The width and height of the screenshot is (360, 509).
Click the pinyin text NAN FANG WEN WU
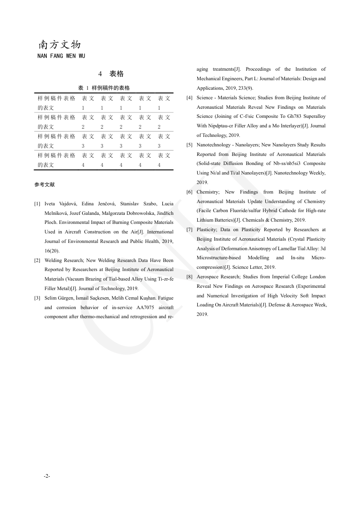(61, 56)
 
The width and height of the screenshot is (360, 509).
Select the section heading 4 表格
(111, 74)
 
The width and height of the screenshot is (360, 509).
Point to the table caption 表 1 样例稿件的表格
(104, 88)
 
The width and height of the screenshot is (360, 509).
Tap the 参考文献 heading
(44, 184)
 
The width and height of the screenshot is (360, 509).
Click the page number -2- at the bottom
(47, 476)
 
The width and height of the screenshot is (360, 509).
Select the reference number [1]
(37, 204)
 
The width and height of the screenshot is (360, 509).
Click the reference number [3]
(37, 298)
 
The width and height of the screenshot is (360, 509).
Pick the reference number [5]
(189, 145)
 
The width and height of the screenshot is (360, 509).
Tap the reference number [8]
(189, 277)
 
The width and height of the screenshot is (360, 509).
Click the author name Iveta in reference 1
(51, 204)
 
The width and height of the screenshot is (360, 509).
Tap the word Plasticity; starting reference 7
(207, 230)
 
